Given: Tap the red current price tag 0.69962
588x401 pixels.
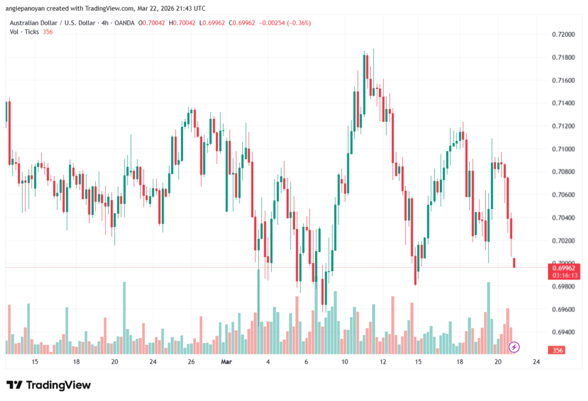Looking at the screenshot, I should click(563, 268).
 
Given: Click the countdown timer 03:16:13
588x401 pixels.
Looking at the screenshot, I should click(563, 275).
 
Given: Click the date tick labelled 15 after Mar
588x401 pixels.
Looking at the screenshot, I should click(419, 362).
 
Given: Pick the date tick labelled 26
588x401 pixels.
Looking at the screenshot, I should click(191, 362).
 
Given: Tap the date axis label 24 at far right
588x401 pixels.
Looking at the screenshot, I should click(536, 362).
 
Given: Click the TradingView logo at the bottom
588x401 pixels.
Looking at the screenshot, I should click(49, 385).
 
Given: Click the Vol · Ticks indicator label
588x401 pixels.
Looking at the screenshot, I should click(25, 32).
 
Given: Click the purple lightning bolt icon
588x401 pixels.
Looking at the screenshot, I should click(514, 347).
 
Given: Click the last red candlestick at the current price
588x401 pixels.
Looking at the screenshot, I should click(514, 263).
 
